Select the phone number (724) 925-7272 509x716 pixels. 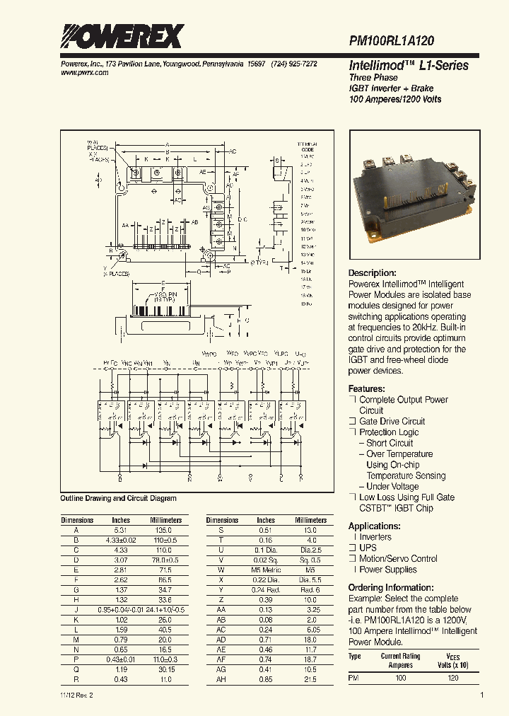tap(293, 64)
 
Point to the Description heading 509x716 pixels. tap(372, 273)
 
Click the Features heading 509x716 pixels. tap(366, 389)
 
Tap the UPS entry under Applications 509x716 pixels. tap(369, 548)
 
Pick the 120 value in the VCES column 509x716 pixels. tap(453, 678)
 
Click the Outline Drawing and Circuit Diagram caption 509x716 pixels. tap(118, 498)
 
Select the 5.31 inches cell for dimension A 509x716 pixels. tap(121, 530)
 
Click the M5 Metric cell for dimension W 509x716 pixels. tap(266, 570)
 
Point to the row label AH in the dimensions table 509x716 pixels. tap(221, 679)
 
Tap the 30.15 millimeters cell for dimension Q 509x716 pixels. tap(166, 669)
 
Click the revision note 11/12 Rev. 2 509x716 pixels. tap(77, 695)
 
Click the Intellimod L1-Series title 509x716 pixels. tap(409, 65)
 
